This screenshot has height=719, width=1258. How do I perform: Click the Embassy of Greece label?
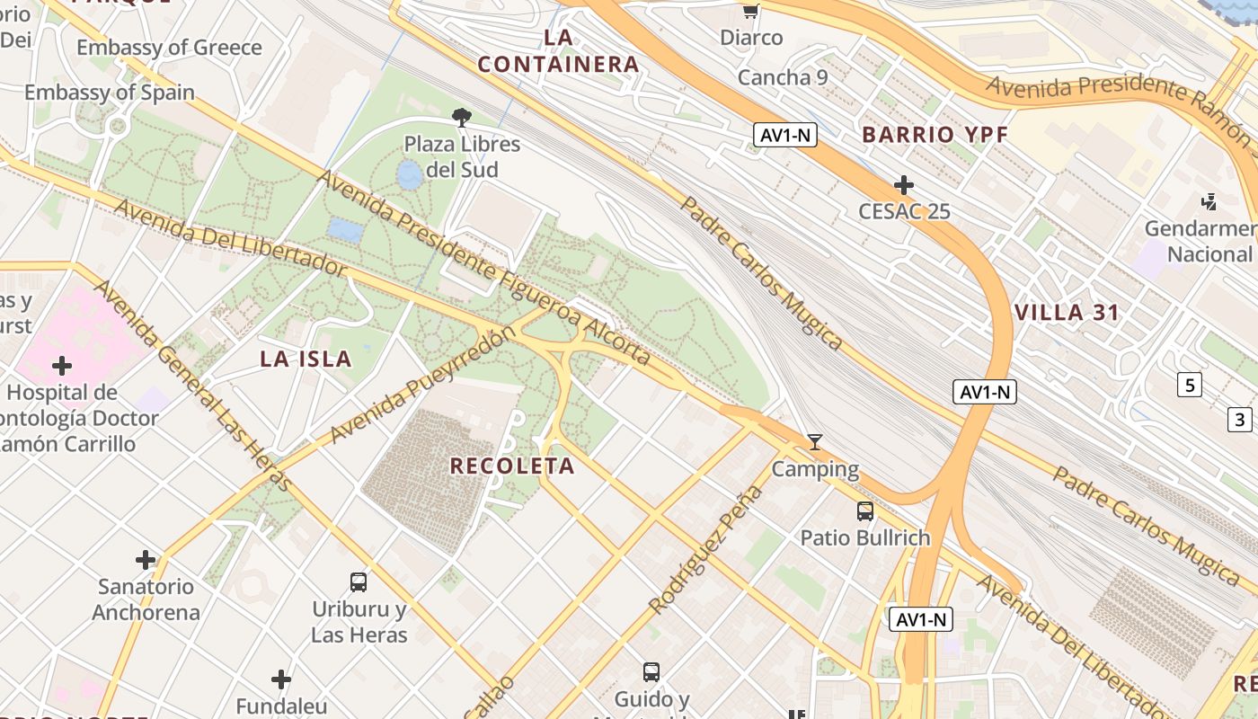(x=169, y=48)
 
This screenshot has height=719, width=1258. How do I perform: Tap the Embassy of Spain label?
(x=110, y=93)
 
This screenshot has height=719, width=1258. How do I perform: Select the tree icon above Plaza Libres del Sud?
(x=462, y=117)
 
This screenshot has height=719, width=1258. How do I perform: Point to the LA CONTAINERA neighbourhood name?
(x=558, y=51)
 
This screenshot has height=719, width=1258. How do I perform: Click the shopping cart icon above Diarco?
(x=751, y=12)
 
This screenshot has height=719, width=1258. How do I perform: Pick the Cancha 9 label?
(x=783, y=77)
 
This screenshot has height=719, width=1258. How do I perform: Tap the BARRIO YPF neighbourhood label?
(x=935, y=135)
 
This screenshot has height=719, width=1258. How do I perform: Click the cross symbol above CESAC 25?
(x=904, y=185)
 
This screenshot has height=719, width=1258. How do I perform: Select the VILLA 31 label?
(x=1067, y=313)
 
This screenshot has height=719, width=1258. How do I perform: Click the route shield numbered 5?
(x=1190, y=386)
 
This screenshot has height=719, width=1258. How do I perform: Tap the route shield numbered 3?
(x=1240, y=419)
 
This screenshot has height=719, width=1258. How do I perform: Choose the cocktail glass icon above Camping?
(x=815, y=441)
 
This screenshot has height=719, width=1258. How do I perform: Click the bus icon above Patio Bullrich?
(x=865, y=511)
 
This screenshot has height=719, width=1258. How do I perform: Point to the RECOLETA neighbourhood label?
(x=511, y=466)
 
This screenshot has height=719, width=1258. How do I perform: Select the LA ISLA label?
(x=306, y=359)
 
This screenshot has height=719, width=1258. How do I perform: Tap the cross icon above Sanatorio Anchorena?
(x=146, y=560)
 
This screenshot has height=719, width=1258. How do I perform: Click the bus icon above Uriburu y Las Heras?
(x=359, y=582)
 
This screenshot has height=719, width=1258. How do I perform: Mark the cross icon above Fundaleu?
(x=281, y=679)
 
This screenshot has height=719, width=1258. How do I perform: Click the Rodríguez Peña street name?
(x=705, y=550)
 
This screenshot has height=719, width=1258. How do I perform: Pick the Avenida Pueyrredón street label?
(x=423, y=385)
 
